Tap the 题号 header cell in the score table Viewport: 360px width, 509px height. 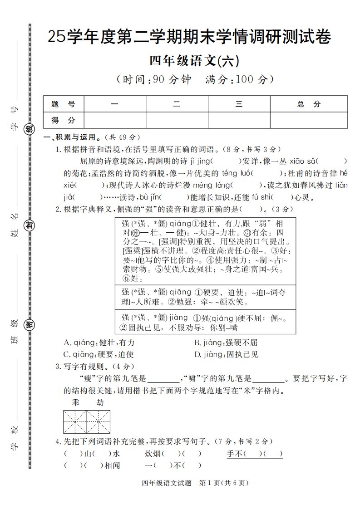tap(63, 104)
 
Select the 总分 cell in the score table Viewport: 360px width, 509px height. tap(309, 104)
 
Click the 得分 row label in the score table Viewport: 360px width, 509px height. tap(63, 120)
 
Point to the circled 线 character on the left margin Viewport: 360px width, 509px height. tap(30, 128)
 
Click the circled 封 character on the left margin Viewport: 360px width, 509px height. tap(30, 225)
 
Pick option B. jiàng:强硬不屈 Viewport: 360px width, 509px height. tap(226, 343)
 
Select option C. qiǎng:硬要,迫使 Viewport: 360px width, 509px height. tap(99, 354)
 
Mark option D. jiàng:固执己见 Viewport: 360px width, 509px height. tap(226, 354)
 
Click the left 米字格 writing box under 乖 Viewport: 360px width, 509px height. tap(75, 422)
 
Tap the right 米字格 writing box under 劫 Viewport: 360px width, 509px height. tap(98, 422)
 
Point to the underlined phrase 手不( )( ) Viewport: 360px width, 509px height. tap(255, 453)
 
